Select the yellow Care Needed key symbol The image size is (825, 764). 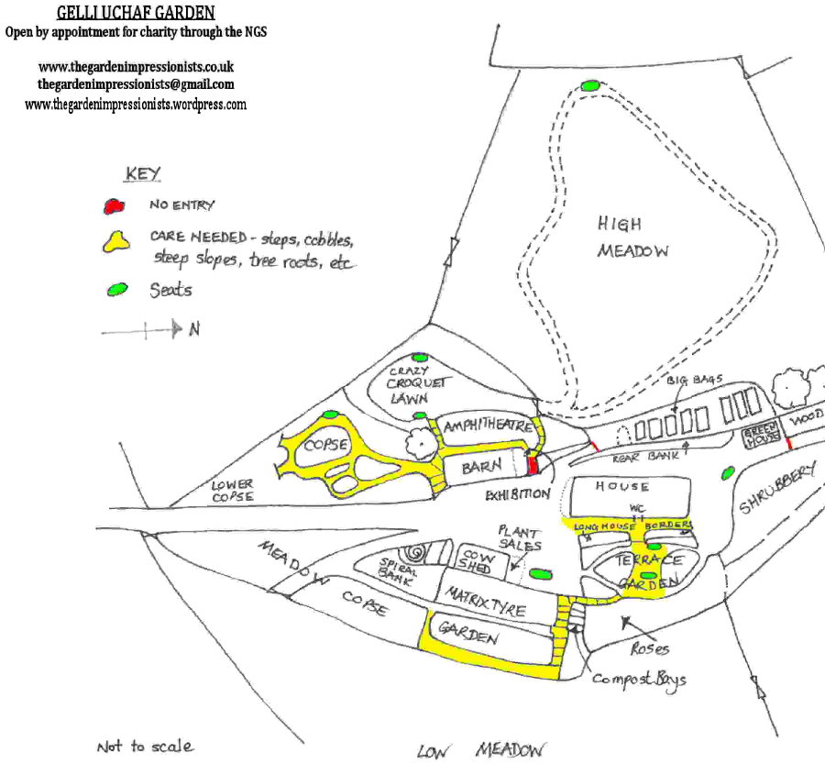click(x=116, y=242)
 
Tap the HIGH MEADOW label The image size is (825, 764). click(x=632, y=237)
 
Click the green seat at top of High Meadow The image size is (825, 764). click(x=591, y=85)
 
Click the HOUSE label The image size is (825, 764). click(x=622, y=486)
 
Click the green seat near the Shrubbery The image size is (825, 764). click(x=729, y=473)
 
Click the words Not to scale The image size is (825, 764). click(x=145, y=746)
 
